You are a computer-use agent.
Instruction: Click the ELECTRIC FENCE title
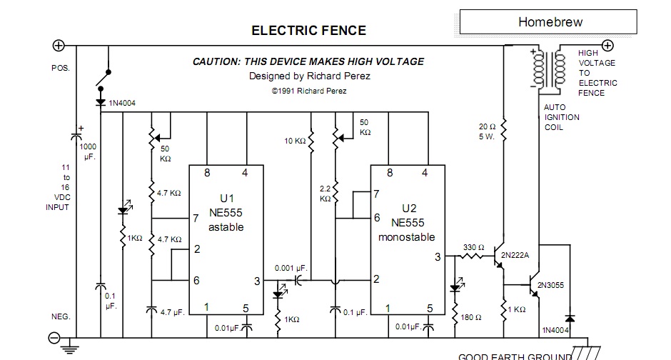[308, 31]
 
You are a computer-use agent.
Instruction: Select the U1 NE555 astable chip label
[226, 212]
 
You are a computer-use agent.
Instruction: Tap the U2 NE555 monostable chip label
[405, 222]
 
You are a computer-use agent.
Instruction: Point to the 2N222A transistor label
[518, 255]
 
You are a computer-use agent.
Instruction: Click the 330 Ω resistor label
[473, 247]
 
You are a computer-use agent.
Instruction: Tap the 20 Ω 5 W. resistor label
[488, 131]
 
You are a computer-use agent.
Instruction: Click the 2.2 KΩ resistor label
[325, 194]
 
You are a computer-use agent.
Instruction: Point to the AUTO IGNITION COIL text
[562, 117]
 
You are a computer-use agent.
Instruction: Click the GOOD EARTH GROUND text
[515, 356]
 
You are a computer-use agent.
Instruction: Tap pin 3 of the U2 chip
[438, 258]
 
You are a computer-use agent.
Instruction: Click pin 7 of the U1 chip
[195, 219]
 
